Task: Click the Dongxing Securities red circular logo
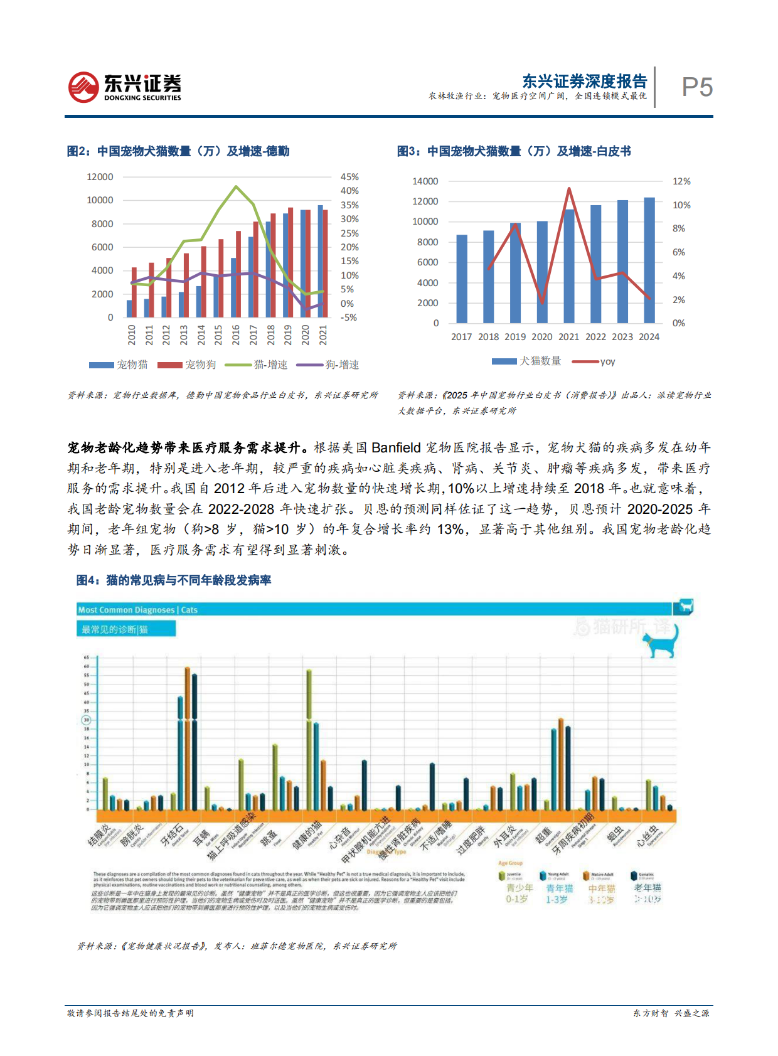coord(83,87)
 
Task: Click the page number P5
coord(697,87)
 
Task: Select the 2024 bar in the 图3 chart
coord(649,260)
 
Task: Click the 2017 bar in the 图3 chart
coord(462,279)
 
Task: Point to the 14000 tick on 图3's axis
coord(425,181)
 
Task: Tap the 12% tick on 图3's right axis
coord(681,181)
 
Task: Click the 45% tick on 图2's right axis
coord(349,177)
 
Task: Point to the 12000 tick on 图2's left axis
coord(100,177)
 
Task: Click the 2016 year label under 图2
coord(236,334)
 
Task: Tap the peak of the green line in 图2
coord(236,186)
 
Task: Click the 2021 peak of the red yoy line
coord(569,188)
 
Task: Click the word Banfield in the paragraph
coord(396,448)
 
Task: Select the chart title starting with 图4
coord(174,580)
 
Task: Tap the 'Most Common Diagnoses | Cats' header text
coord(137,610)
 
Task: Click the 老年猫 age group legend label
coord(647,888)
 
